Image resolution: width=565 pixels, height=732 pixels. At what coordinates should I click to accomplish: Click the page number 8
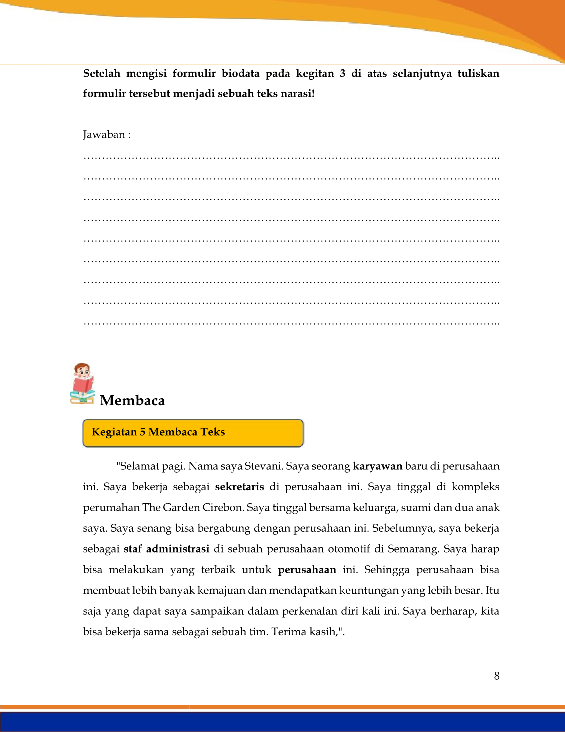pos(496,676)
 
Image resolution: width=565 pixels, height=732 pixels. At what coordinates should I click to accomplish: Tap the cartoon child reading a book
pos(82,383)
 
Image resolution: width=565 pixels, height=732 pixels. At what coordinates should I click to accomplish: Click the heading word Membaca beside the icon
pos(132,400)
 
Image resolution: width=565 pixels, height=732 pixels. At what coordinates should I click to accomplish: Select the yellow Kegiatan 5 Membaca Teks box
pos(193,433)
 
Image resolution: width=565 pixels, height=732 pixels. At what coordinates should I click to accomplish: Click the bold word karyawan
pos(377,466)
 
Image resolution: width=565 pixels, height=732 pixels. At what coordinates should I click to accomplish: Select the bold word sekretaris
pos(239,487)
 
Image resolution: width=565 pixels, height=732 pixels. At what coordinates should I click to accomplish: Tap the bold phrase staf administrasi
pos(166,549)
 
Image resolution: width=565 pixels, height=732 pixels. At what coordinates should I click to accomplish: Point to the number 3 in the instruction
pos(342,74)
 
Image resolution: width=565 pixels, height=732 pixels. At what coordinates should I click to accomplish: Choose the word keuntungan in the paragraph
pos(369,590)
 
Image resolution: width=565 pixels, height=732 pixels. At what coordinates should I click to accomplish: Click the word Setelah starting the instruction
pos(102,74)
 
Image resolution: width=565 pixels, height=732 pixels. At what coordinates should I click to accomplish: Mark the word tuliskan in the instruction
pos(478,74)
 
